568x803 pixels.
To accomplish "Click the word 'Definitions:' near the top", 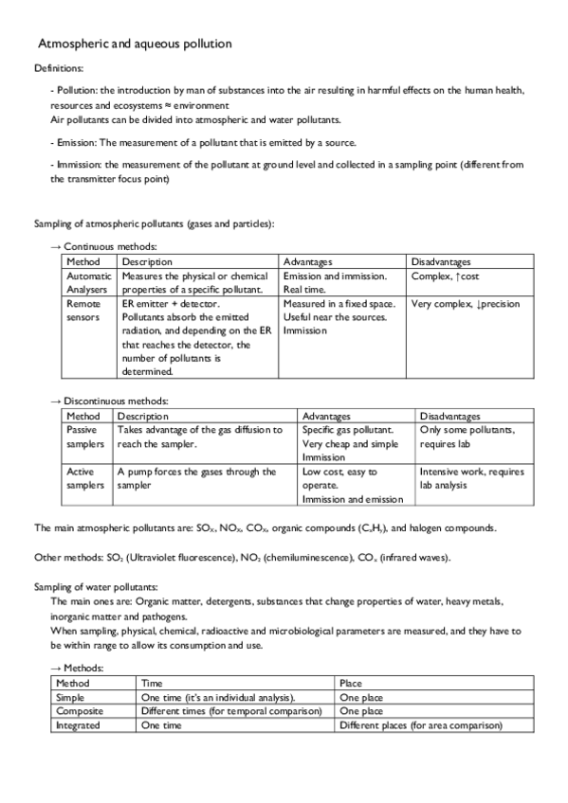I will [x=58, y=69].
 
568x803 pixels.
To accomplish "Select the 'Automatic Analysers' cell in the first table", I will [x=89, y=282].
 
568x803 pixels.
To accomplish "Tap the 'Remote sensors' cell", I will [x=82, y=311].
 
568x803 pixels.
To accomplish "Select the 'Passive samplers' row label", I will [x=84, y=437].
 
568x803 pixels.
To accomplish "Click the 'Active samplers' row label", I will [x=84, y=478].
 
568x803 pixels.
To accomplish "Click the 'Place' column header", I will [x=351, y=682].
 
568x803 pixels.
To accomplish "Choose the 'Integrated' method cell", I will [x=79, y=724].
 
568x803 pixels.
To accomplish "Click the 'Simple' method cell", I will [x=72, y=696].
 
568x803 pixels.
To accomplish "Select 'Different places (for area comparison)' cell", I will [x=419, y=724].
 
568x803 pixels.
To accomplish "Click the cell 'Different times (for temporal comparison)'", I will [x=230, y=710].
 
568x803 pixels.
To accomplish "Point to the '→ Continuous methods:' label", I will [x=104, y=245].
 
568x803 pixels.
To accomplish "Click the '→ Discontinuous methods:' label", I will [x=110, y=401].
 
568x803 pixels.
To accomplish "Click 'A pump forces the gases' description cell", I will [x=196, y=477].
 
